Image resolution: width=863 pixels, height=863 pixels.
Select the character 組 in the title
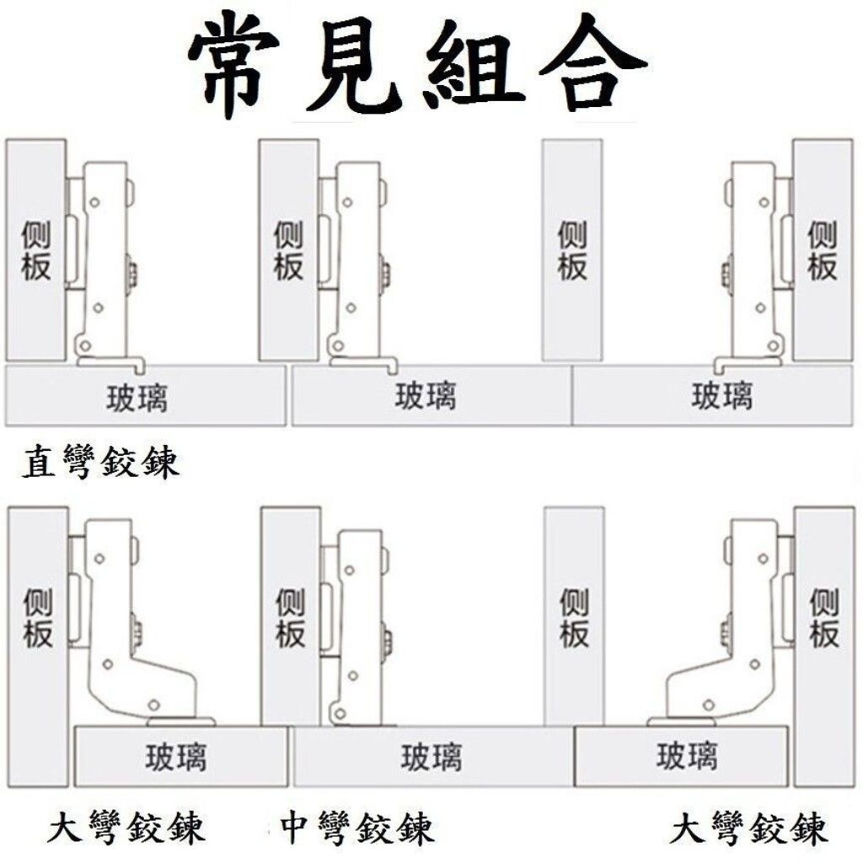[474, 66]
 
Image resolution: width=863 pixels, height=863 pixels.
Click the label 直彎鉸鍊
[101, 462]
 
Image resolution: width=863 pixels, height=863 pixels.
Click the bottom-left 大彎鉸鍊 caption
[126, 826]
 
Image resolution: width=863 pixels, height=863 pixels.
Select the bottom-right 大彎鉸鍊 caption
[749, 826]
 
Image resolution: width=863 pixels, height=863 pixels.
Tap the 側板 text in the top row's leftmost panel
[35, 250]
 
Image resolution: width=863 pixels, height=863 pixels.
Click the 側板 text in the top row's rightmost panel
[823, 250]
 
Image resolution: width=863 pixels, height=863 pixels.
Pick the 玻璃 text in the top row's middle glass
[426, 395]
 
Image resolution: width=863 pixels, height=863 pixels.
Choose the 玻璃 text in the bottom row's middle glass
[431, 757]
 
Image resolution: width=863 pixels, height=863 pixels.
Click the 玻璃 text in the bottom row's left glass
[176, 757]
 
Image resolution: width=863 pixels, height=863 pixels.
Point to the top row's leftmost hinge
[105, 264]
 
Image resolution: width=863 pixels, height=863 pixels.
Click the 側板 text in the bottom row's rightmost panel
[824, 618]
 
